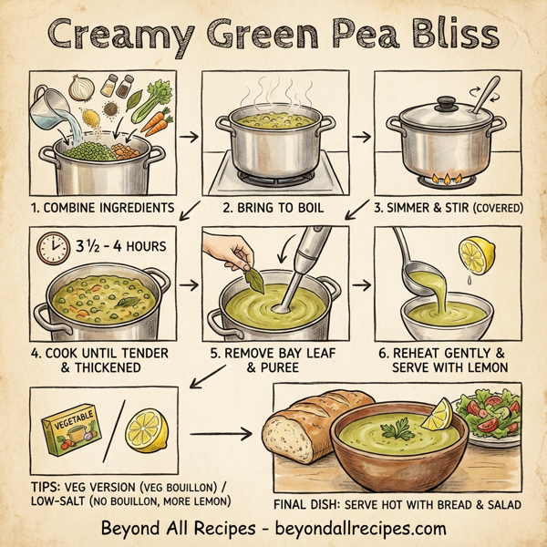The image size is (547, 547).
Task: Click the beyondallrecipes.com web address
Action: tap(351, 528)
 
